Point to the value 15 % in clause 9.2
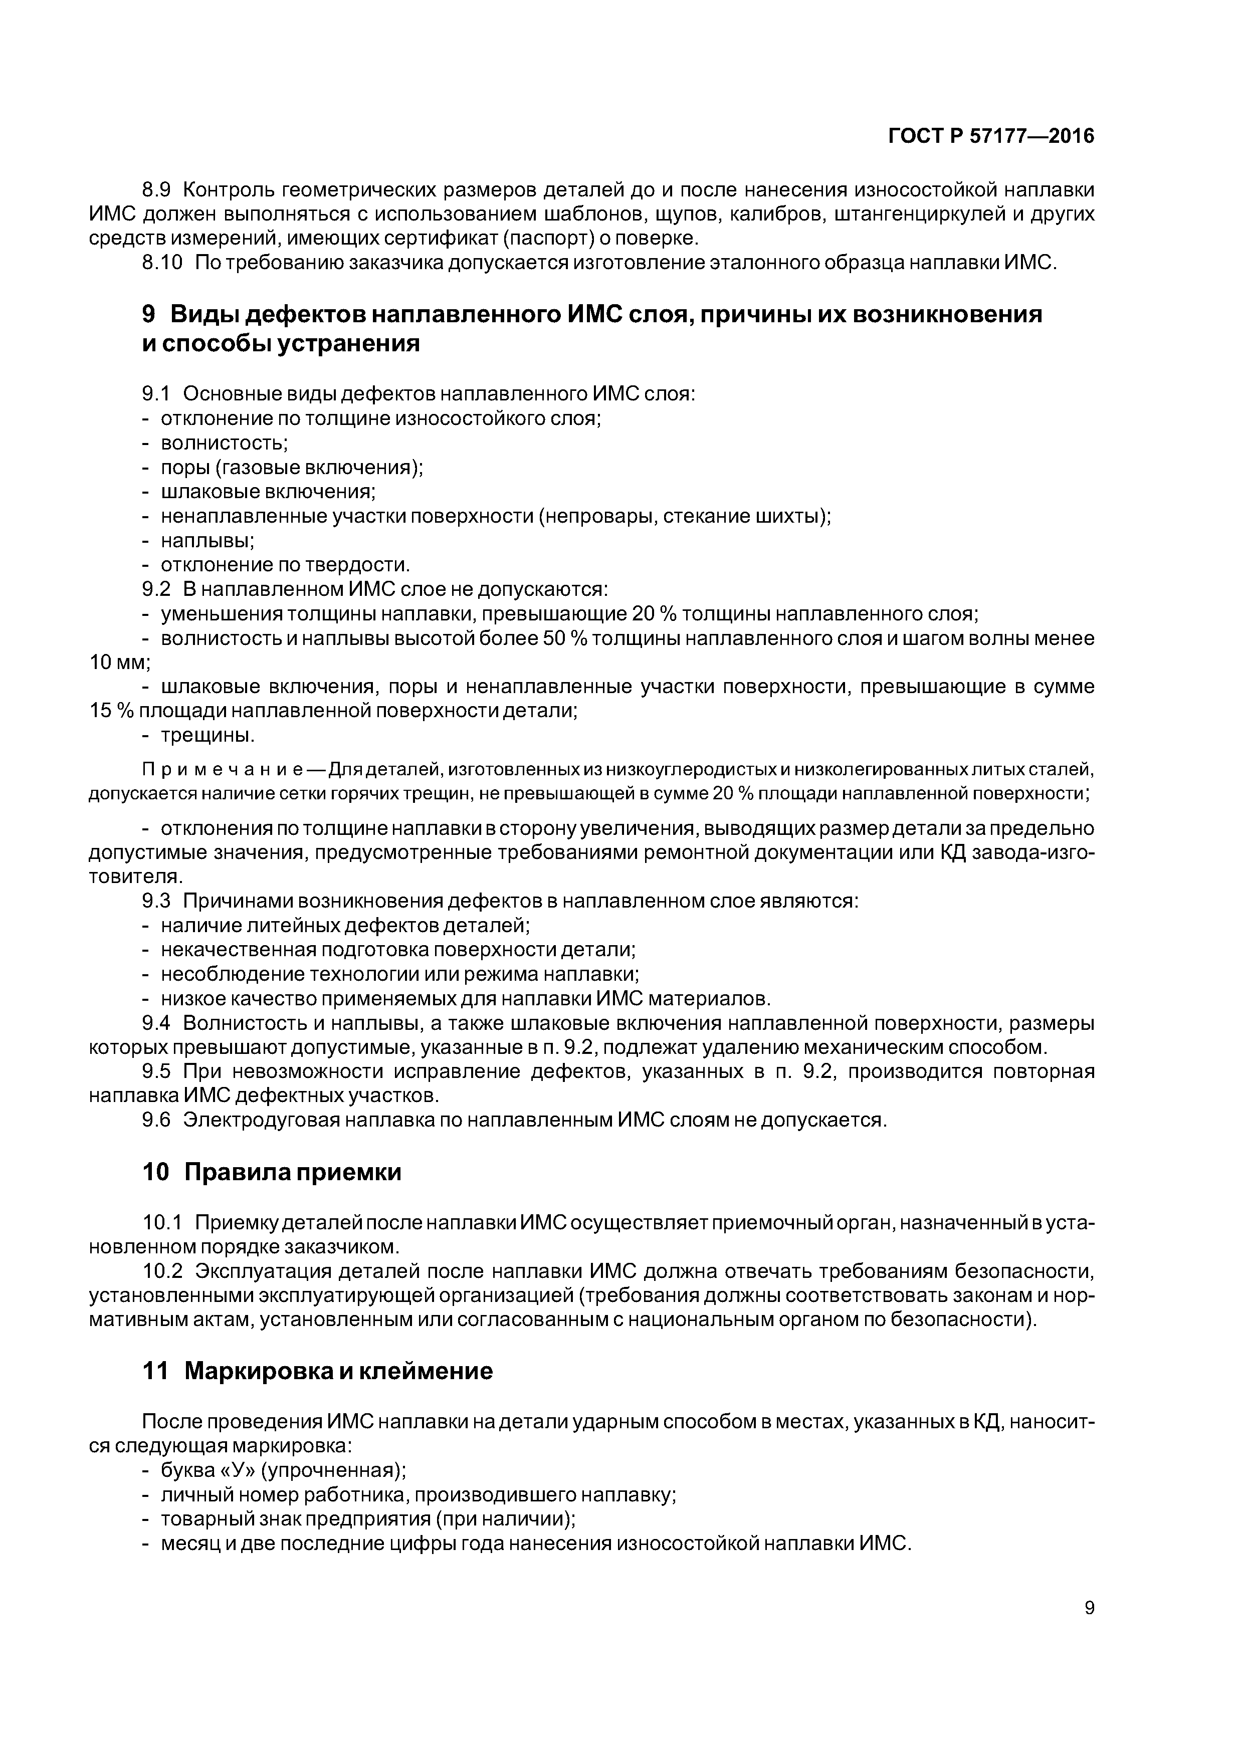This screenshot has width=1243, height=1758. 111,711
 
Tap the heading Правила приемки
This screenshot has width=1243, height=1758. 293,1172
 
